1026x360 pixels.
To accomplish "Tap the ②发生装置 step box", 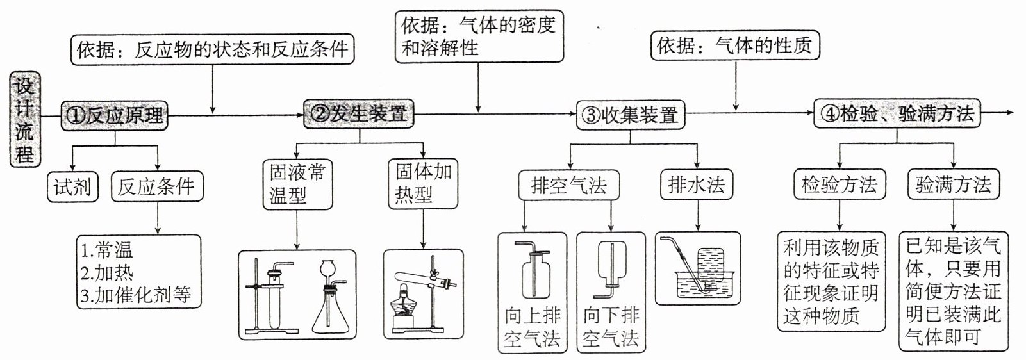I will (359, 114).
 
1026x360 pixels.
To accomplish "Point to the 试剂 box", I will (72, 187).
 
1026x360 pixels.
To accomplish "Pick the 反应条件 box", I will (156, 187).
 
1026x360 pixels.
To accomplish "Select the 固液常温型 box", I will (297, 184).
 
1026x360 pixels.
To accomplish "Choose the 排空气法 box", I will (568, 186).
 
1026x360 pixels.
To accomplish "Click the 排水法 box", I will (697, 185).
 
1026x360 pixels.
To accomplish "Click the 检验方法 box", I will (840, 184).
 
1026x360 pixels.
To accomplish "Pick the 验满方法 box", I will (953, 184).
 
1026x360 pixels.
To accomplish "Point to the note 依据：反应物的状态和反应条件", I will (212, 49).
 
